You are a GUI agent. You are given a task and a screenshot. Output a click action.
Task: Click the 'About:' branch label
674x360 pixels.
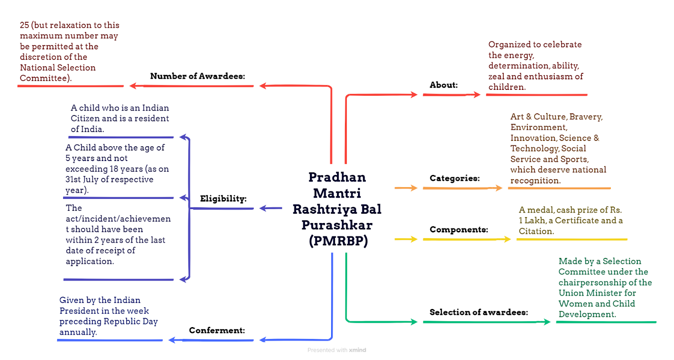click(x=444, y=85)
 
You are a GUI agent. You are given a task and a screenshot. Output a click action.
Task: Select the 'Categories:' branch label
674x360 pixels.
click(x=455, y=178)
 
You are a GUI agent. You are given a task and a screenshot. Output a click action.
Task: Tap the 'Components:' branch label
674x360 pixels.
click(x=459, y=230)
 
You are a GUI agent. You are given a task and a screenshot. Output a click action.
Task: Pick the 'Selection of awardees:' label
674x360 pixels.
click(x=479, y=312)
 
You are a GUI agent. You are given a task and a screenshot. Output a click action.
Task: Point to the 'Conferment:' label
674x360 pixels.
click(x=217, y=330)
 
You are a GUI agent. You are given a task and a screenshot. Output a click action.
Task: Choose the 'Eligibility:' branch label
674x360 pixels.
click(x=223, y=199)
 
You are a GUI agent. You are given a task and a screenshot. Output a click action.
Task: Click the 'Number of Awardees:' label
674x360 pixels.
click(x=198, y=76)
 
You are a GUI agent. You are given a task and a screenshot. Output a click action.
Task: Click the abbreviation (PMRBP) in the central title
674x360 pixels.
click(x=339, y=241)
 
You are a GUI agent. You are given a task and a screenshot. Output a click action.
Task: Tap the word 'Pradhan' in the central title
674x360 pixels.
click(x=337, y=177)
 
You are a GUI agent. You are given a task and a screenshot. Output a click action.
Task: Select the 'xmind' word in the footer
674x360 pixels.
click(x=358, y=350)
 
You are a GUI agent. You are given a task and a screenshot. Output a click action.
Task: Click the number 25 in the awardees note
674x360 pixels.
click(x=24, y=25)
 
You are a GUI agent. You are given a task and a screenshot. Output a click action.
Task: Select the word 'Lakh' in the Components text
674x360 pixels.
click(x=535, y=220)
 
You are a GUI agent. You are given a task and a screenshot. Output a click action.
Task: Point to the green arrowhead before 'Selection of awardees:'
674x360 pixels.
click(x=414, y=322)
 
